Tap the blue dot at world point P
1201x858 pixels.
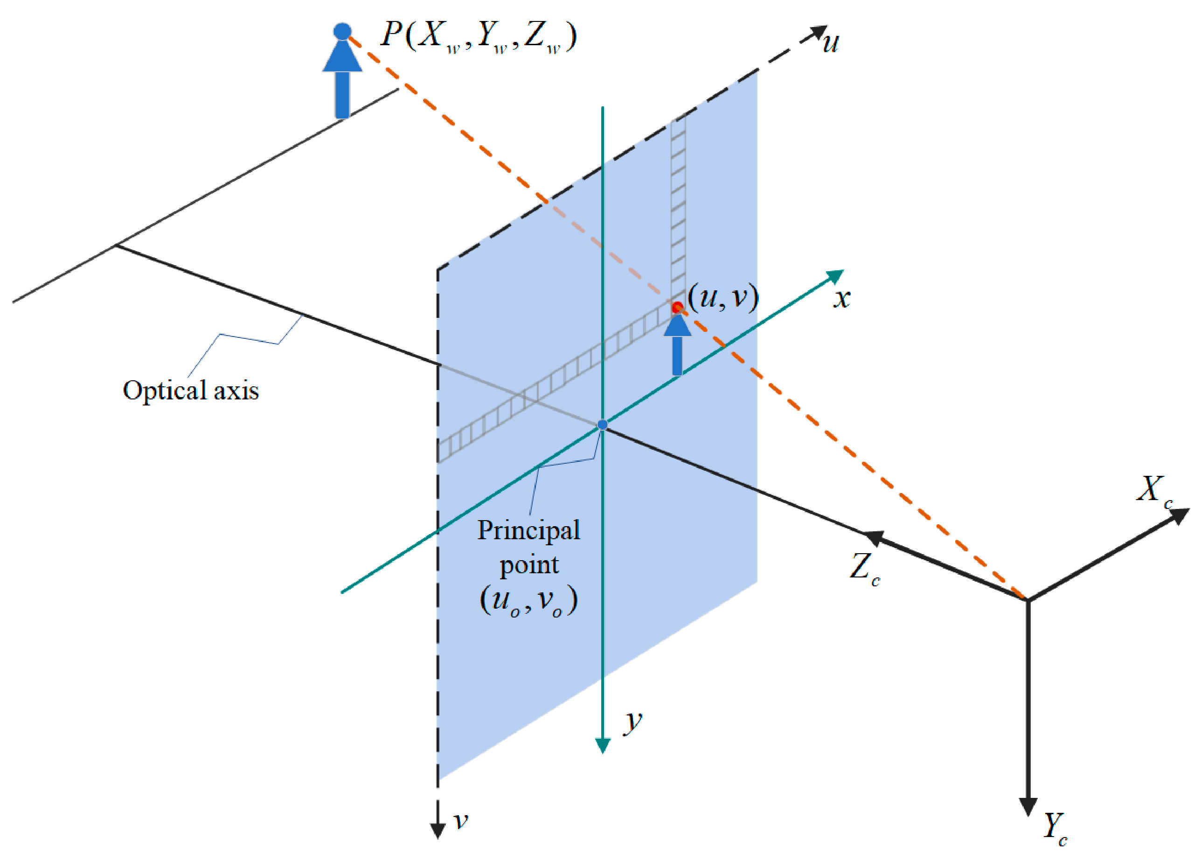[342, 31]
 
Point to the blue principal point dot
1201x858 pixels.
[603, 425]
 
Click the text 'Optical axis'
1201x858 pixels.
[191, 391]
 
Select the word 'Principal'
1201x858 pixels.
[528, 530]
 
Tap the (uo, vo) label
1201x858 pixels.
[528, 601]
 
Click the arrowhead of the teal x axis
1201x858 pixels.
[835, 276]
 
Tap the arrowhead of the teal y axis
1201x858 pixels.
[603, 745]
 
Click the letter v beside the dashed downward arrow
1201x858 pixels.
[461, 821]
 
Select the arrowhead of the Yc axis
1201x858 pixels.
[1027, 806]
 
